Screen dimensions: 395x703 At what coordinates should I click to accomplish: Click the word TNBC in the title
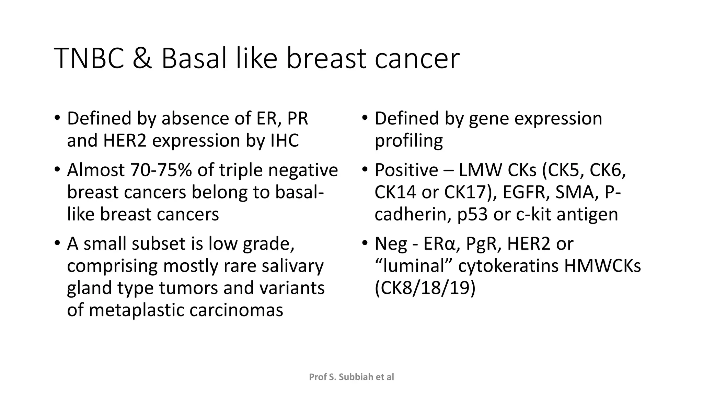click(89, 59)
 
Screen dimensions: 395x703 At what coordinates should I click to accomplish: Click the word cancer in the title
click(417, 59)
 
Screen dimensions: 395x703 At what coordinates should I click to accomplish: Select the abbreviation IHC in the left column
click(285, 141)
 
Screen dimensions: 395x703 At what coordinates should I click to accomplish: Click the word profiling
click(408, 141)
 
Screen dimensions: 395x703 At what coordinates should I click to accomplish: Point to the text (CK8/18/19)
click(425, 288)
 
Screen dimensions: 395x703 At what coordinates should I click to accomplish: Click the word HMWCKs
click(602, 266)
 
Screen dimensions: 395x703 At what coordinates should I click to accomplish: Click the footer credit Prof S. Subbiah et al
click(351, 377)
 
